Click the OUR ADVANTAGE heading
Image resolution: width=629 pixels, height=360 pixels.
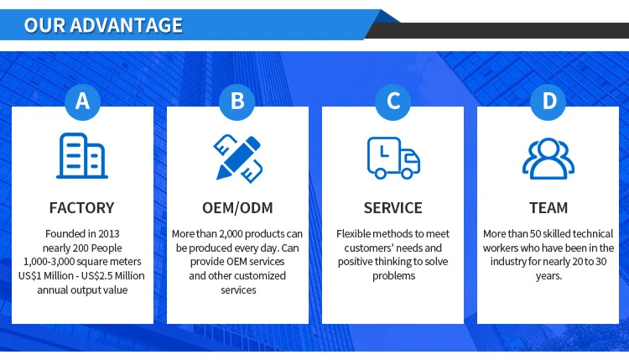[103, 24]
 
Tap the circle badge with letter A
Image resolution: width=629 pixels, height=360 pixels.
[82, 102]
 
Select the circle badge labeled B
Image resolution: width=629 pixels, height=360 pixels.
[237, 102]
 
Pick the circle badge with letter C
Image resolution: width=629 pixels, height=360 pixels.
[393, 102]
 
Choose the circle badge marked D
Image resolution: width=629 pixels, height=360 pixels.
[548, 102]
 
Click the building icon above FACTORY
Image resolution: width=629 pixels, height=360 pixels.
[82, 156]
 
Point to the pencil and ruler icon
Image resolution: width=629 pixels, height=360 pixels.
[237, 156]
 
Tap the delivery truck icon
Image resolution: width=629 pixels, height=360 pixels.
[393, 157]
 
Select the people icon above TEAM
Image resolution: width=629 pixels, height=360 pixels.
[548, 157]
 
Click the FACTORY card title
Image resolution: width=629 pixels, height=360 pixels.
[82, 207]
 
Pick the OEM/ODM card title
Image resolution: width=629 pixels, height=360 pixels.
[237, 207]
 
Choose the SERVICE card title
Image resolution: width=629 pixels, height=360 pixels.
[393, 207]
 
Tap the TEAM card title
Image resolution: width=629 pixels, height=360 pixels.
[548, 207]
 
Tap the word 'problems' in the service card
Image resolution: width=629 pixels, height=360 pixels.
[392, 275]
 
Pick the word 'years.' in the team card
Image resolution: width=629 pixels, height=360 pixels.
[548, 275]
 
